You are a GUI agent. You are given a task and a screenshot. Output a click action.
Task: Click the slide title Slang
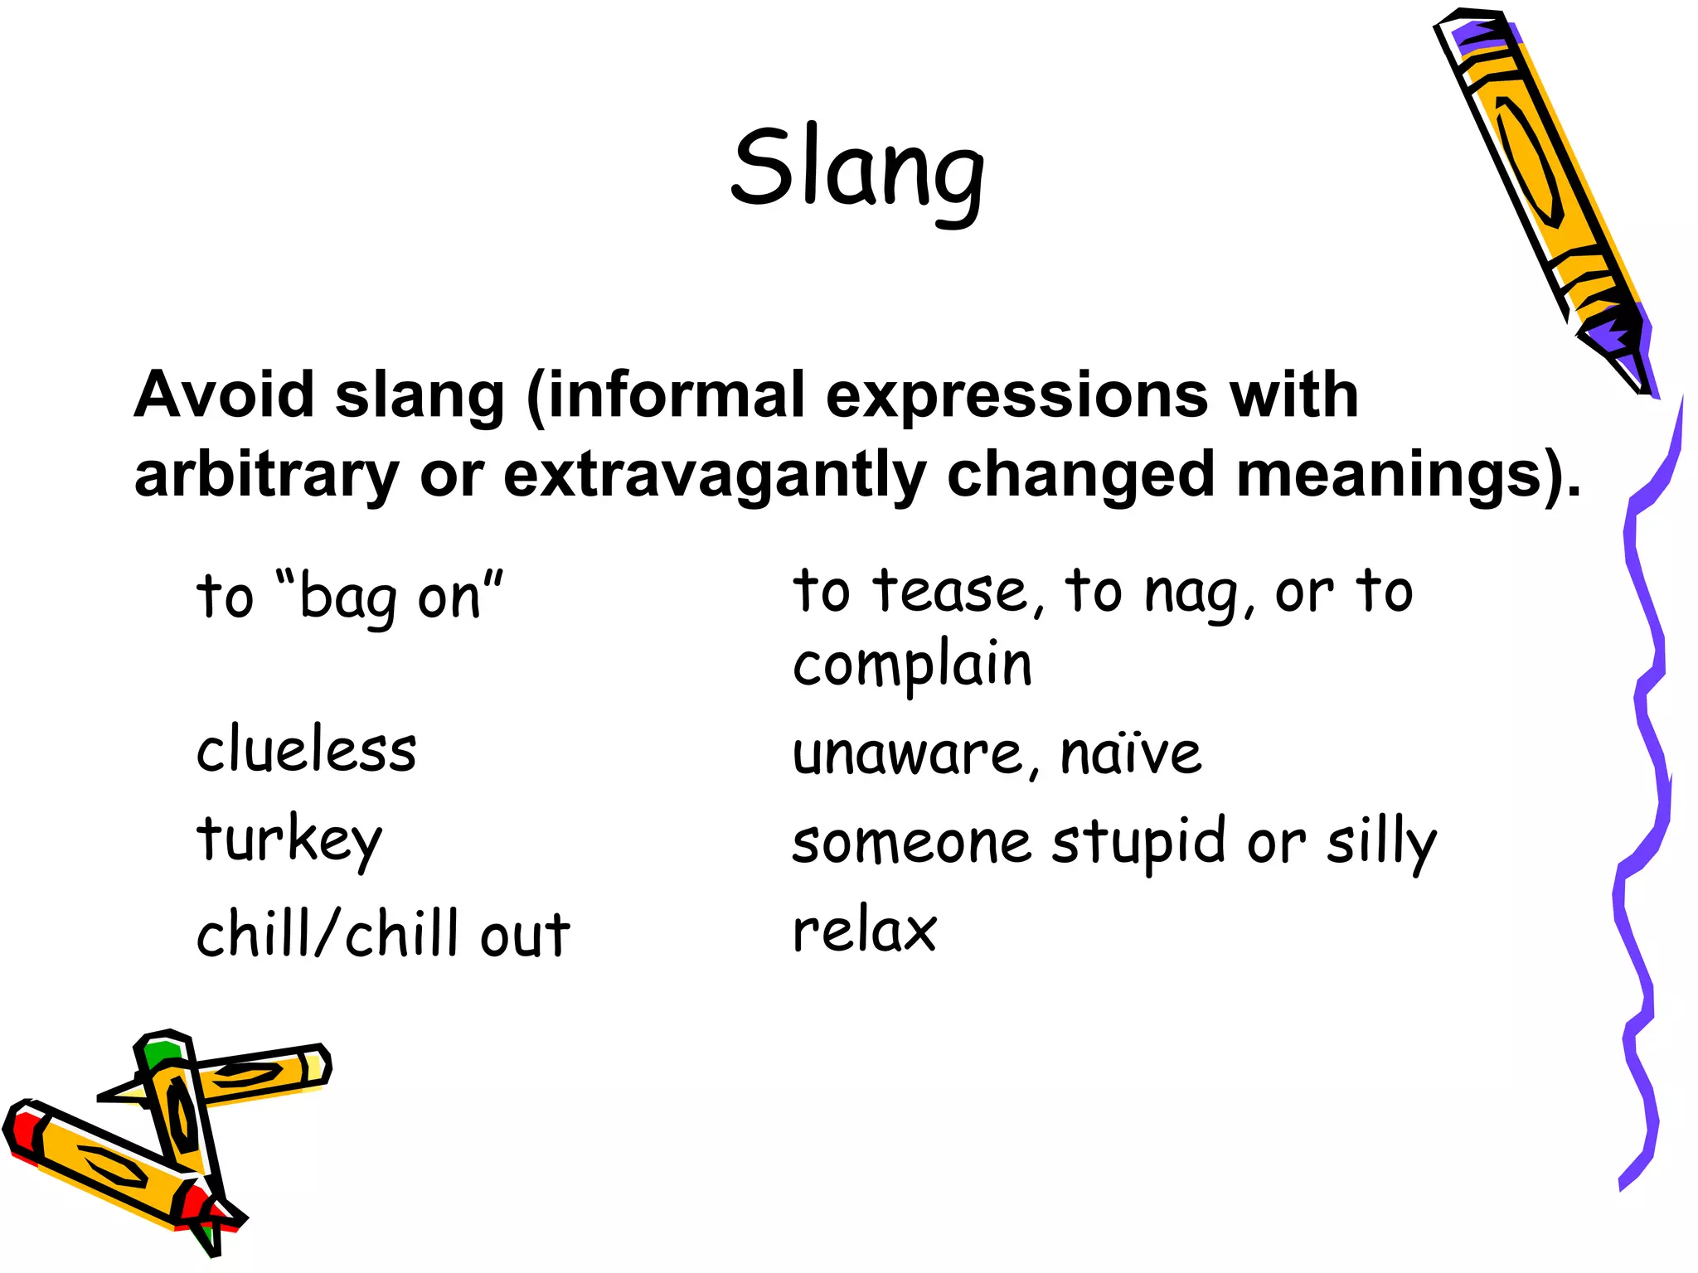[x=857, y=170]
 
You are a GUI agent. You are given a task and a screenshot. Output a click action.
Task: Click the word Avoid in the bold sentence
[x=224, y=394]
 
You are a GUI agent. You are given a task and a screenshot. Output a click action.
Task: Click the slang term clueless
[x=306, y=749]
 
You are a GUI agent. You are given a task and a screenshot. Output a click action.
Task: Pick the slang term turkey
[x=289, y=840]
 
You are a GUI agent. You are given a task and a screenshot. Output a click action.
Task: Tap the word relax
[x=865, y=930]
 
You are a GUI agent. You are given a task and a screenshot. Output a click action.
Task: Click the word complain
[x=912, y=666]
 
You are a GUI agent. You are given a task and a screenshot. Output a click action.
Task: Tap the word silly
[x=1381, y=842]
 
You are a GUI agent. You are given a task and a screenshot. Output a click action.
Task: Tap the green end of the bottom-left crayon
[x=161, y=1051]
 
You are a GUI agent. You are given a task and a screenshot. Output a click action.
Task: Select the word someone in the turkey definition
[x=912, y=842]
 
